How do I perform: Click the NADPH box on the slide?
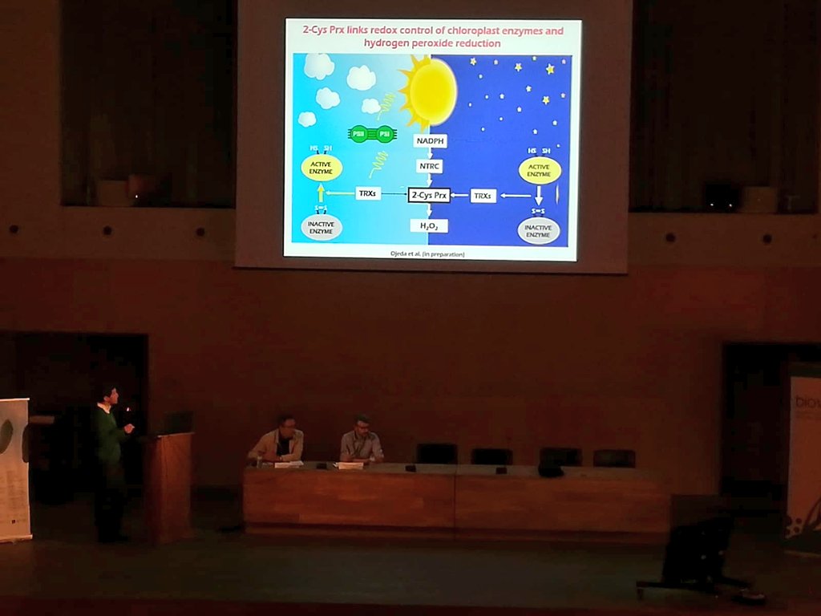(431, 141)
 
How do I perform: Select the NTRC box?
(430, 167)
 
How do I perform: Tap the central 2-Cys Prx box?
(429, 195)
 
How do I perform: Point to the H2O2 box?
(429, 226)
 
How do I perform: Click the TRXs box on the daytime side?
(368, 193)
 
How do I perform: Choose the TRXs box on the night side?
(483, 195)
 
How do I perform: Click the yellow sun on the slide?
(430, 92)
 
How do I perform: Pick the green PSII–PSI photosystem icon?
(372, 134)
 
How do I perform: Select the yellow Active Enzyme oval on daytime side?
(322, 168)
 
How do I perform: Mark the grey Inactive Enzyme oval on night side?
(539, 231)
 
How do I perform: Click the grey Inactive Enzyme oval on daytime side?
(322, 227)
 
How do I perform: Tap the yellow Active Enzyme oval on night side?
(540, 170)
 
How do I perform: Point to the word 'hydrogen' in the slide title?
(389, 43)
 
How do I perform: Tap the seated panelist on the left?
(278, 442)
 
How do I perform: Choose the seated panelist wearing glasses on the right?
(361, 441)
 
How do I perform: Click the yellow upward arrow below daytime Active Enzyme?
(322, 193)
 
